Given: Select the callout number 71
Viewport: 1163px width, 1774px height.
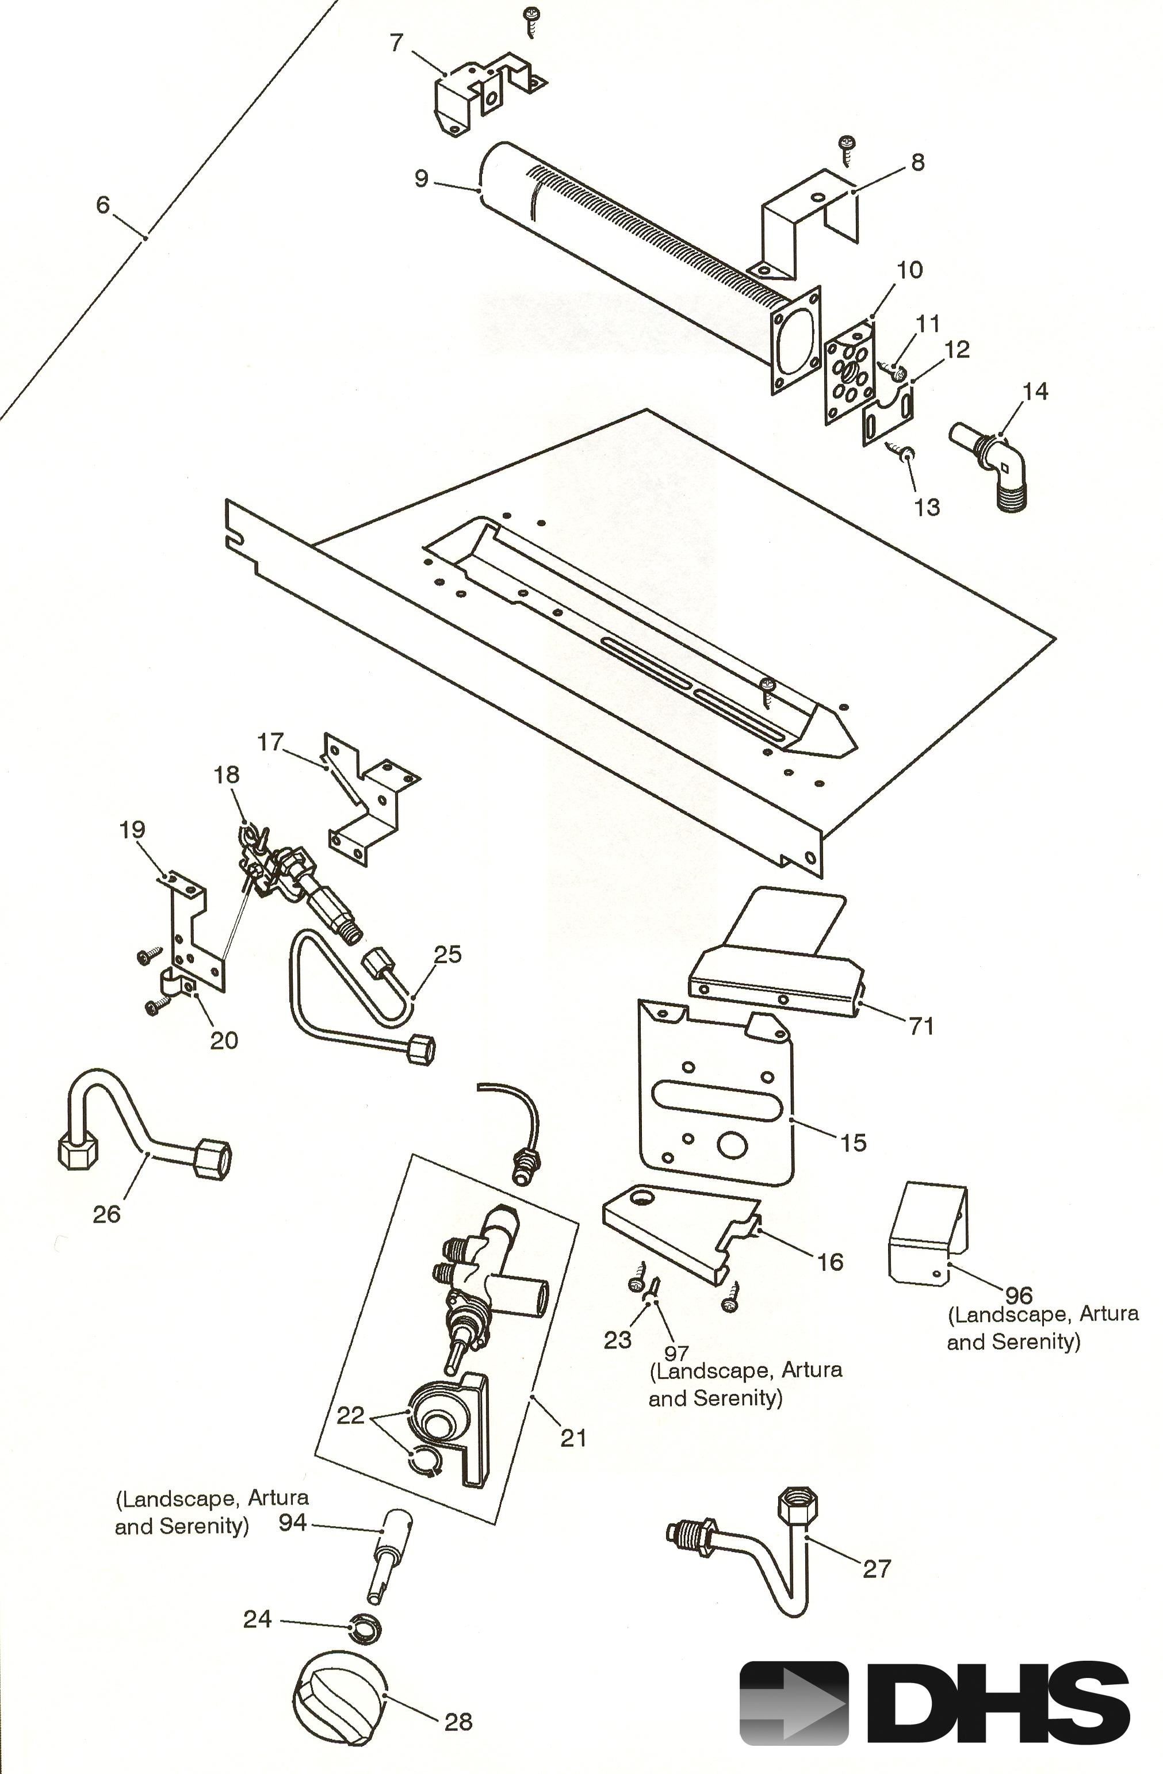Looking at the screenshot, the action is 921,1026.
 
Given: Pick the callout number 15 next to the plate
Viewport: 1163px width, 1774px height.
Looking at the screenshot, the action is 854,1143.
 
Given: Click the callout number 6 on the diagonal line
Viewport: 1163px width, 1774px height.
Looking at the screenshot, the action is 103,204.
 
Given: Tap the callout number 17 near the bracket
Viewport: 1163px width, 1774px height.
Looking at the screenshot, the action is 271,742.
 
